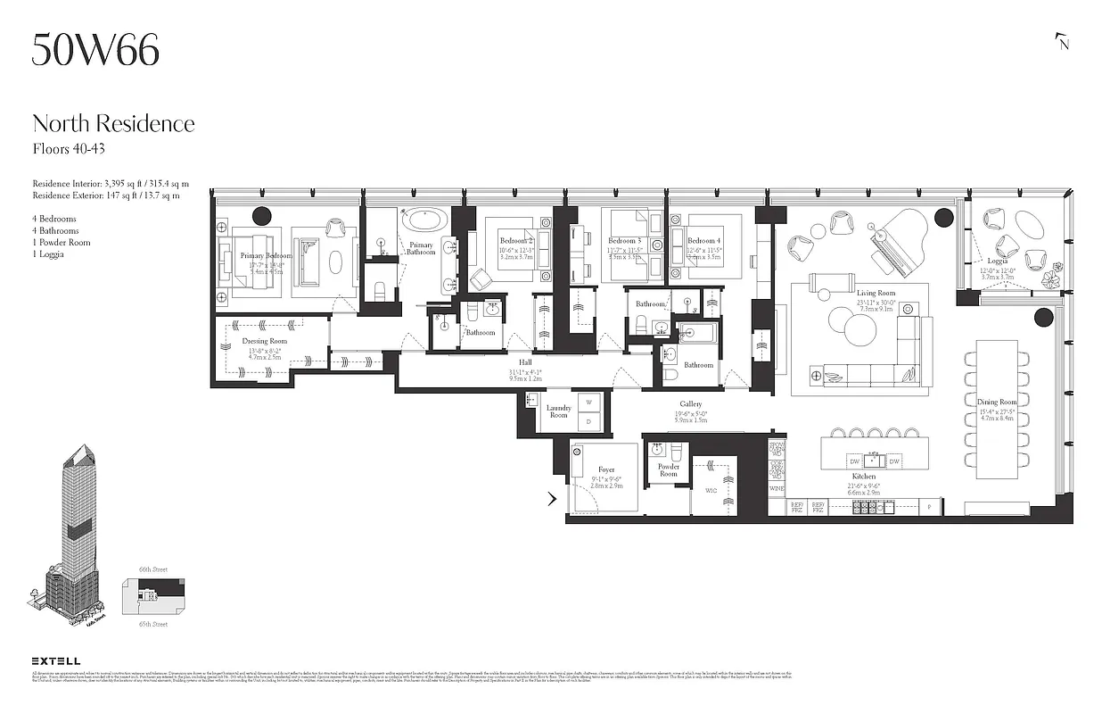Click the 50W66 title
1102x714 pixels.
(x=95, y=50)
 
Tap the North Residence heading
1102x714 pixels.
(x=113, y=123)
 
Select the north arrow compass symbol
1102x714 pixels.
(x=1061, y=41)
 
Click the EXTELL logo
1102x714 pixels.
(x=56, y=660)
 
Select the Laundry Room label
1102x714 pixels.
(x=558, y=411)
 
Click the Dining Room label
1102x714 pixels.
(x=996, y=403)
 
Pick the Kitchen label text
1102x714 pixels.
(x=862, y=477)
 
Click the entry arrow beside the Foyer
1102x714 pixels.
(x=552, y=499)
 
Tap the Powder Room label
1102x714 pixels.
(x=669, y=470)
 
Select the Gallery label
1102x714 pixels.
(x=691, y=404)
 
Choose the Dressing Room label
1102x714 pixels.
(x=265, y=342)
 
